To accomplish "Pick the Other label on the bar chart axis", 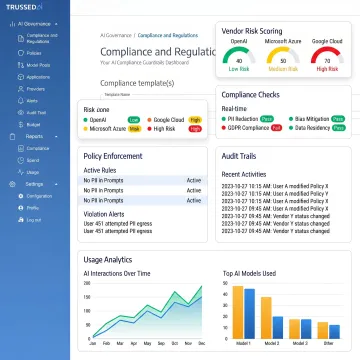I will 331,343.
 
